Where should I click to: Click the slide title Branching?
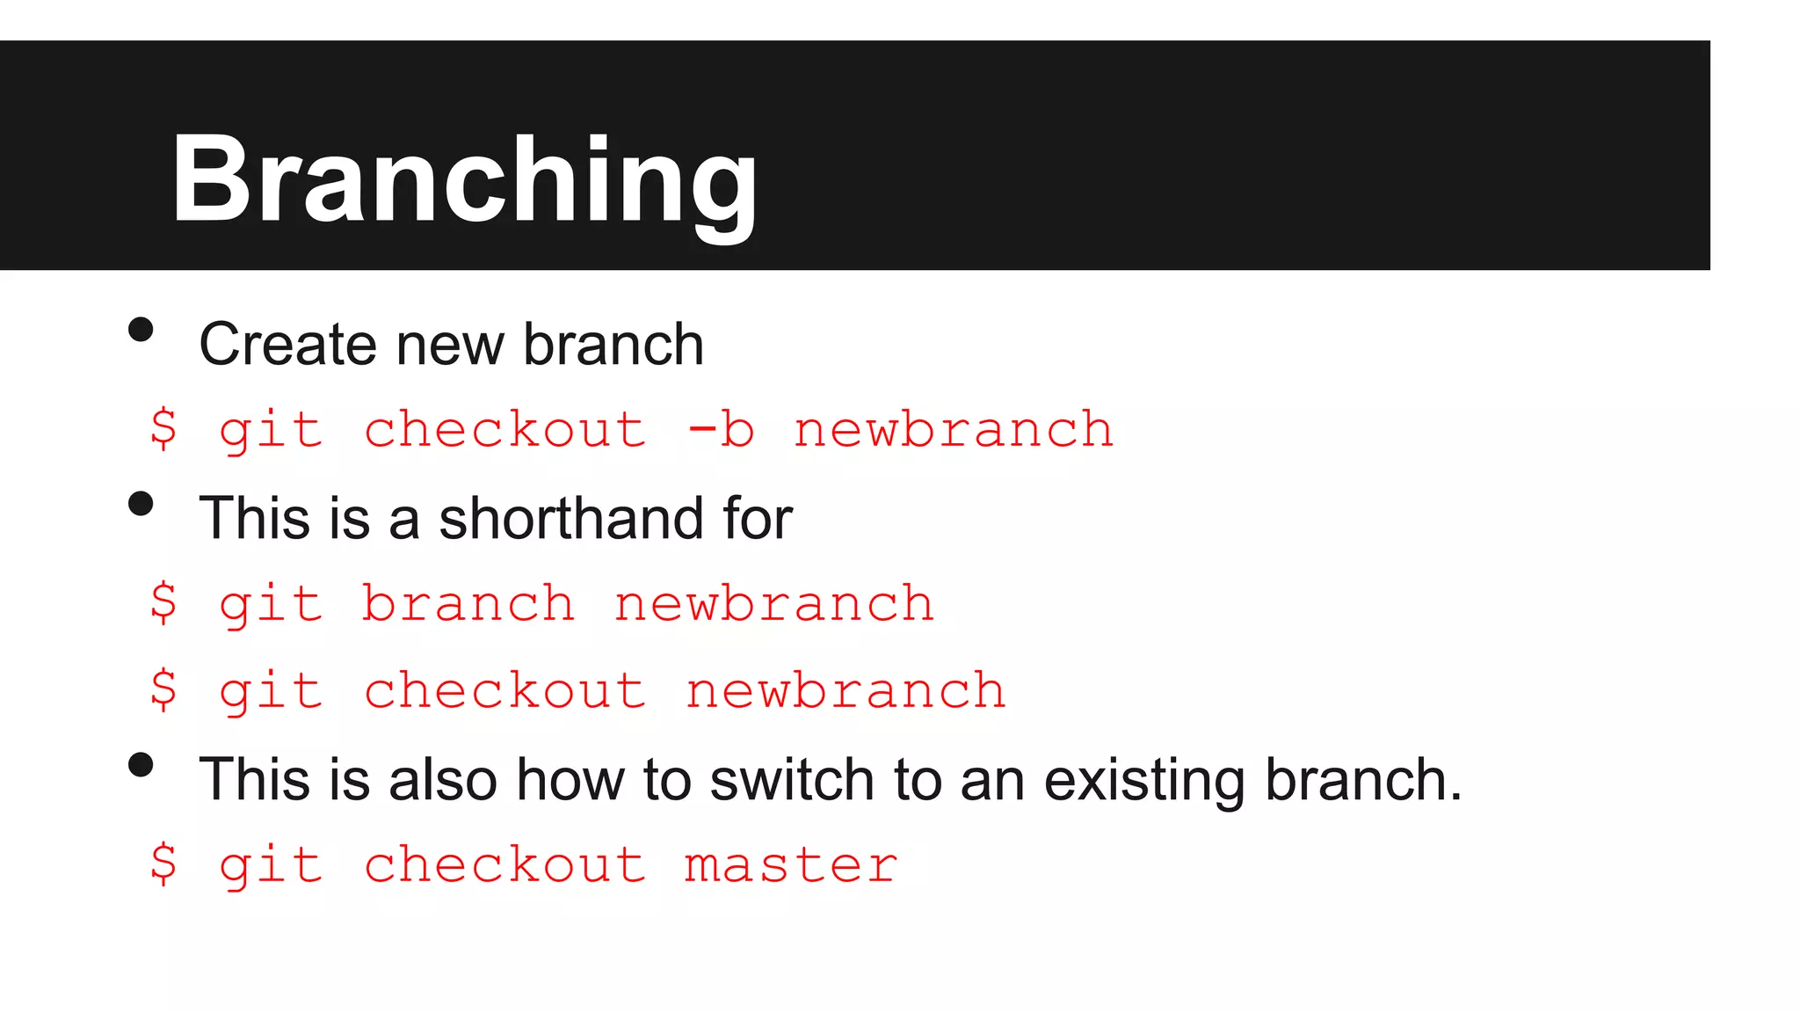pyautogui.click(x=464, y=180)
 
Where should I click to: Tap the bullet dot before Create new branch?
pyautogui.click(x=141, y=330)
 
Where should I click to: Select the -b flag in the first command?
pyautogui.click(x=721, y=430)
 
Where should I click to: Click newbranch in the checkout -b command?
pyautogui.click(x=953, y=430)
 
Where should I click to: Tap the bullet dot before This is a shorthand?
pyautogui.click(x=141, y=504)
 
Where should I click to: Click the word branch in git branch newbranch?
pyautogui.click(x=468, y=604)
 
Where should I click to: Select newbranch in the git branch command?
pyautogui.click(x=773, y=604)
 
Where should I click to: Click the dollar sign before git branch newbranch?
pyautogui.click(x=163, y=604)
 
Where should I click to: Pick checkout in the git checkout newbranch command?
pyautogui.click(x=504, y=691)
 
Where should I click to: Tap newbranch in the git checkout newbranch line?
pyautogui.click(x=846, y=691)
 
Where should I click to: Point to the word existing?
pyautogui.click(x=1146, y=780)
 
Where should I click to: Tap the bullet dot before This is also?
pyautogui.click(x=141, y=765)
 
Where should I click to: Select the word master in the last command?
pyautogui.click(x=791, y=865)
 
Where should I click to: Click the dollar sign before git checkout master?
pyautogui.click(x=163, y=865)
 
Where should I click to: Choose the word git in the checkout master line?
pyautogui.click(x=271, y=865)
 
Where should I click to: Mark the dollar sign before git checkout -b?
pyautogui.click(x=163, y=430)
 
